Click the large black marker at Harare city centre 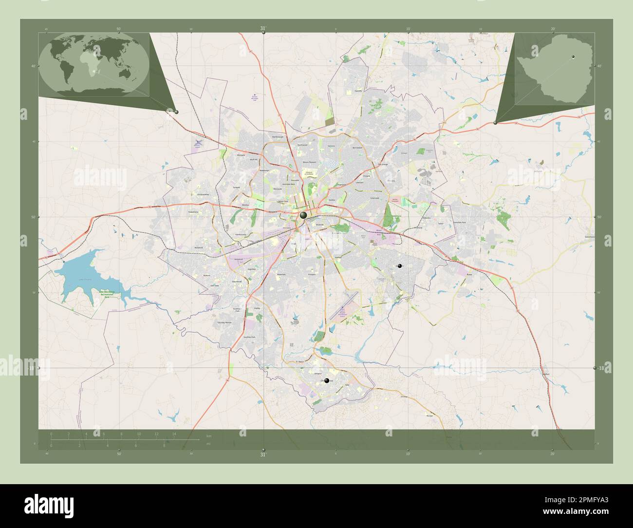point(303,215)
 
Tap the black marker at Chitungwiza point(326,381)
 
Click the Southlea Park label point(249,338)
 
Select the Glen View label point(215,285)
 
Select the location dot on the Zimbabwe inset point(573,57)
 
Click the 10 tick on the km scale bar point(139,434)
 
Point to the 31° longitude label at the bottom point(263,455)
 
